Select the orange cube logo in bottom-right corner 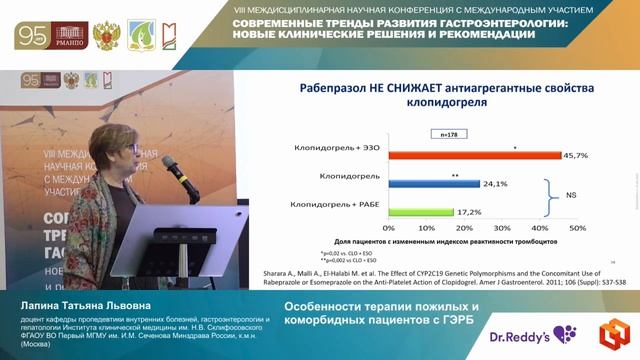[x=611, y=333]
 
